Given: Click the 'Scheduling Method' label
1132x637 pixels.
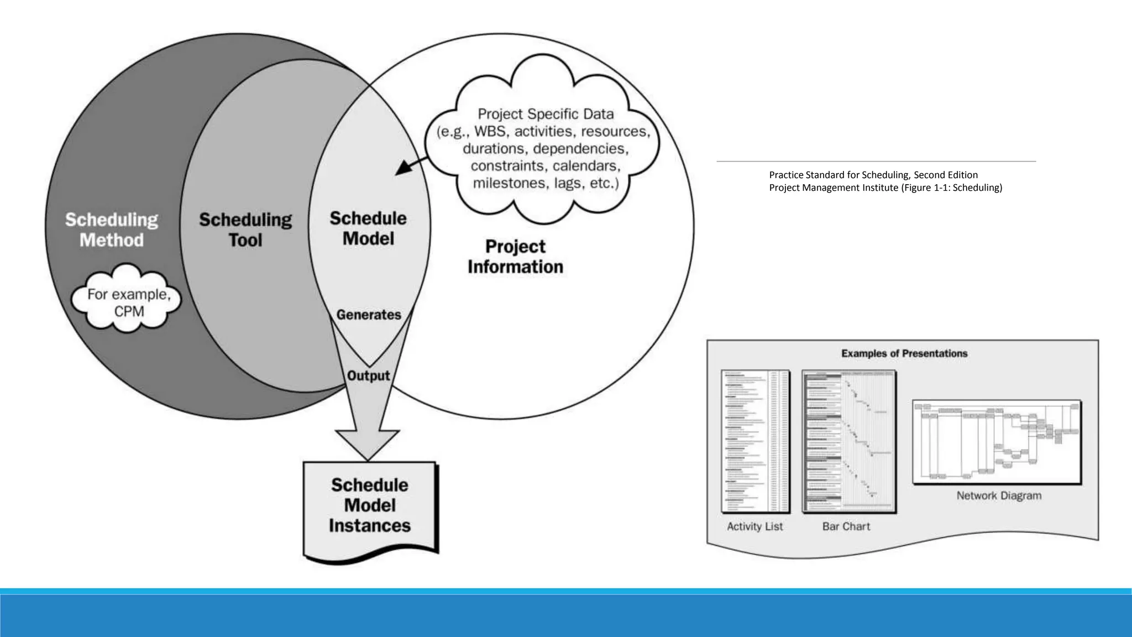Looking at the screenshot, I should (112, 230).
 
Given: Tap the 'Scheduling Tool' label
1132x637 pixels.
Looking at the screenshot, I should (245, 230).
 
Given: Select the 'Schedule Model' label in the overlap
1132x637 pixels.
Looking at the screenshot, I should (368, 228).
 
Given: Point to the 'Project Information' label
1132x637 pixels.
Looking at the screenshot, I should (515, 257).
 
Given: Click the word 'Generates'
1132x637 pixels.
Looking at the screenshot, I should (369, 315).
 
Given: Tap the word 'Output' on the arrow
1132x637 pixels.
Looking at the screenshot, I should (368, 375).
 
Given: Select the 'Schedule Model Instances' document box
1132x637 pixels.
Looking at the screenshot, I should (370, 505).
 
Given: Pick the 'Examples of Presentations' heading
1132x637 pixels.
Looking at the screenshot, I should (904, 353).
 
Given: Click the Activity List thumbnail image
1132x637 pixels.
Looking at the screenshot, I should (755, 441).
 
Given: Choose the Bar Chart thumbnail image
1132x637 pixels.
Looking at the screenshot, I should (848, 441).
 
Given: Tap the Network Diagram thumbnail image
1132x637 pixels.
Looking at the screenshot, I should (997, 442).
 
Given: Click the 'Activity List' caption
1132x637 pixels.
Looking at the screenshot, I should (754, 526).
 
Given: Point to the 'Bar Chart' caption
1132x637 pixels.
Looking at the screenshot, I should (846, 526).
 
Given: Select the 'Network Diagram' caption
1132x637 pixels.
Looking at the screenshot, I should (999, 495).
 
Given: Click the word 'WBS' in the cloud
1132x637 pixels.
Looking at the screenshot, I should (490, 132).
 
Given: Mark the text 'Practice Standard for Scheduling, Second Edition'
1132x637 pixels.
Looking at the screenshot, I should (873, 175).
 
